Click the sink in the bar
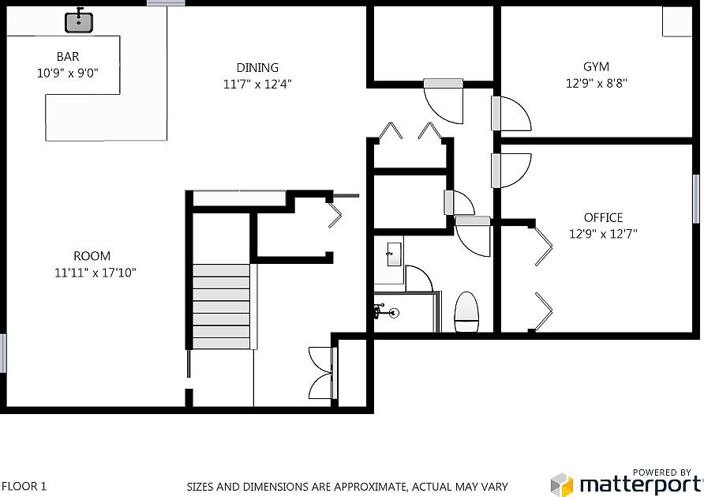coord(78,21)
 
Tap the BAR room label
coord(68,57)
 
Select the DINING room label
coord(257,68)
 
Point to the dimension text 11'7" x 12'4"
coord(258,84)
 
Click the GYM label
coord(596,67)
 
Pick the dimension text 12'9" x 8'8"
coord(596,83)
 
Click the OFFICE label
coord(603,217)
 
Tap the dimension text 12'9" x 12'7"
coord(603,233)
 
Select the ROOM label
coord(92,256)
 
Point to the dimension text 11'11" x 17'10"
coord(92,273)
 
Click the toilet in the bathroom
coord(467,311)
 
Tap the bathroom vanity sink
coord(391,255)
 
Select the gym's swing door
coord(509,114)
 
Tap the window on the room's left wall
coord(3,353)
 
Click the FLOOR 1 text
coord(24,487)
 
